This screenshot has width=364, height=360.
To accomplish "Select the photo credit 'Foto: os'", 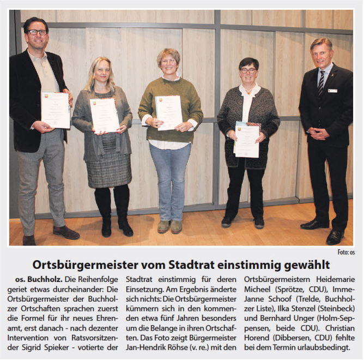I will (x=345, y=252).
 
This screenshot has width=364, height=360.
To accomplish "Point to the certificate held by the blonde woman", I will (x=104, y=115).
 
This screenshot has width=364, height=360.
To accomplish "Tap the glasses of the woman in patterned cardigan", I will (x=248, y=70).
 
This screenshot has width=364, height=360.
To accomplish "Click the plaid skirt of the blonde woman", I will (x=109, y=166).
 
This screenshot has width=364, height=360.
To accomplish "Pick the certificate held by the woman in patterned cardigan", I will (x=247, y=141).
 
